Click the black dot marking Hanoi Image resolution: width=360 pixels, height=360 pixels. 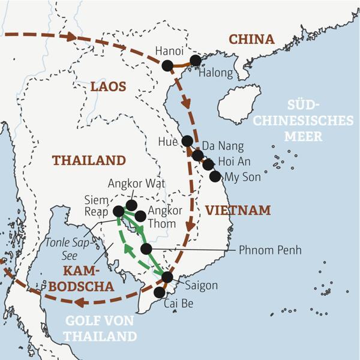(x=167, y=65)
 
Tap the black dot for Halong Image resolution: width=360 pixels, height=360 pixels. (x=195, y=61)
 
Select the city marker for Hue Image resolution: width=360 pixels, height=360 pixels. (x=187, y=141)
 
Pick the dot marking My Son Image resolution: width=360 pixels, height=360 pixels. (x=215, y=176)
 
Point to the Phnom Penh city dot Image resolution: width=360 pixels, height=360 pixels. (x=146, y=249)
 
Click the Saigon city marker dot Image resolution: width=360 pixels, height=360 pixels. (x=167, y=277)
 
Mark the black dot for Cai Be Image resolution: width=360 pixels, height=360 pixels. (x=159, y=292)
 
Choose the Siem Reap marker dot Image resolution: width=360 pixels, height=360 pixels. (x=119, y=211)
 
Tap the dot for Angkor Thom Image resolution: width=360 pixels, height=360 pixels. (x=140, y=216)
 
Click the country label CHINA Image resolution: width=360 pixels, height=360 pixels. (x=251, y=40)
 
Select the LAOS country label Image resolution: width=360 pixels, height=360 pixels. (x=108, y=87)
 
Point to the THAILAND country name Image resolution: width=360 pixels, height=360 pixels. (x=89, y=160)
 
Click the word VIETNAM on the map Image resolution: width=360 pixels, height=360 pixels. (x=238, y=211)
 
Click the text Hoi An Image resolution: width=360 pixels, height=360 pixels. (x=235, y=162)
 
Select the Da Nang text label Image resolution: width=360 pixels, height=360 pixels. (x=223, y=146)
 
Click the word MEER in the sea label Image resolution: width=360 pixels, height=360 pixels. (x=304, y=136)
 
